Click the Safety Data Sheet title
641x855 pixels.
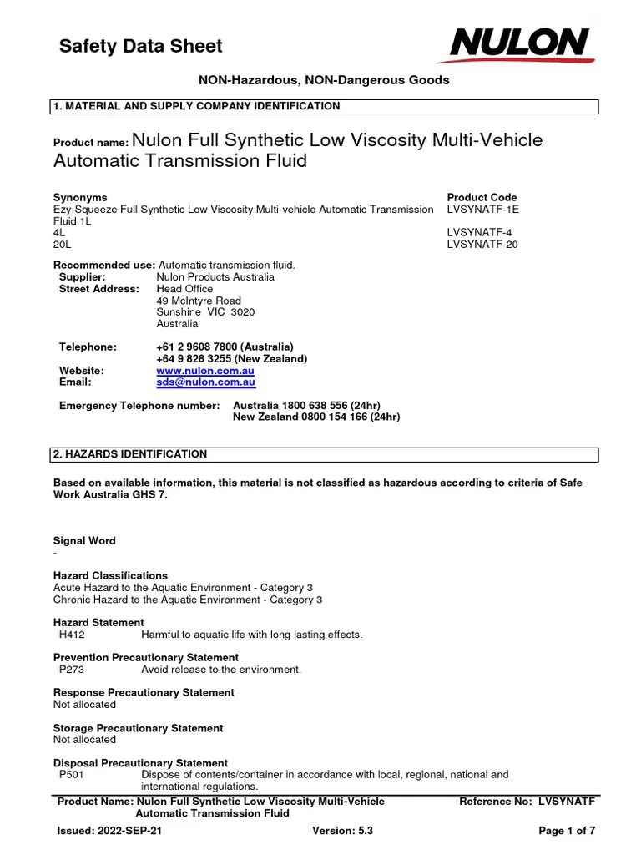[x=140, y=46]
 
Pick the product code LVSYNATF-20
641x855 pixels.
[x=483, y=245]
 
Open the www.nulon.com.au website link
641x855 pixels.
[x=205, y=370]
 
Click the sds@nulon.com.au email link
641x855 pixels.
[x=205, y=382]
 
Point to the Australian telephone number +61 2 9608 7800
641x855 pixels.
[x=225, y=347]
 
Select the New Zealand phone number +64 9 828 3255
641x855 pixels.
[x=231, y=358]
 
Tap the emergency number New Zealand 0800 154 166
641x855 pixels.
[x=316, y=417]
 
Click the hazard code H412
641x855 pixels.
[x=72, y=635]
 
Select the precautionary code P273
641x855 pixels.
[x=72, y=670]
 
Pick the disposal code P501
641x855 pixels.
[x=72, y=775]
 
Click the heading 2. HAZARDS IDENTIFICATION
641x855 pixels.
[x=130, y=454]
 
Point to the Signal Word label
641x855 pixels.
[x=84, y=541]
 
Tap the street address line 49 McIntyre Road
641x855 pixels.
[x=199, y=301]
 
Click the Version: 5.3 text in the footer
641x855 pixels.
[x=342, y=831]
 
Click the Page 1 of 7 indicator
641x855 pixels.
[x=567, y=831]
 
